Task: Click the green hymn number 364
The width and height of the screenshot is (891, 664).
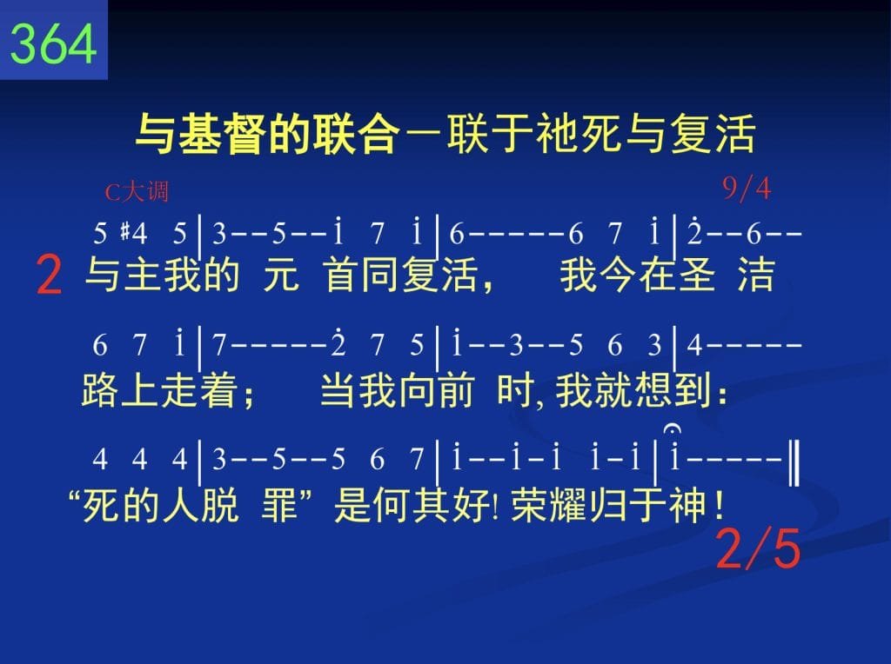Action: pyautogui.click(x=53, y=43)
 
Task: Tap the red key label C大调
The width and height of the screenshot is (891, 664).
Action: pyautogui.click(x=137, y=192)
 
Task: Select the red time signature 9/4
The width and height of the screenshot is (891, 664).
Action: pyautogui.click(x=746, y=188)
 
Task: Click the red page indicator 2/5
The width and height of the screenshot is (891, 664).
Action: pyautogui.click(x=758, y=548)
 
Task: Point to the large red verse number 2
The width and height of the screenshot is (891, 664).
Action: pyautogui.click(x=49, y=276)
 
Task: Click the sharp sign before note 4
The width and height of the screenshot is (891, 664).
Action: pyautogui.click(x=124, y=233)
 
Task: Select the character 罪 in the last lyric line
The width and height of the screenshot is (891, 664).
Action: pyautogui.click(x=279, y=505)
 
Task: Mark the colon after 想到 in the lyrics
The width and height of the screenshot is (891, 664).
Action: pyautogui.click(x=722, y=395)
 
